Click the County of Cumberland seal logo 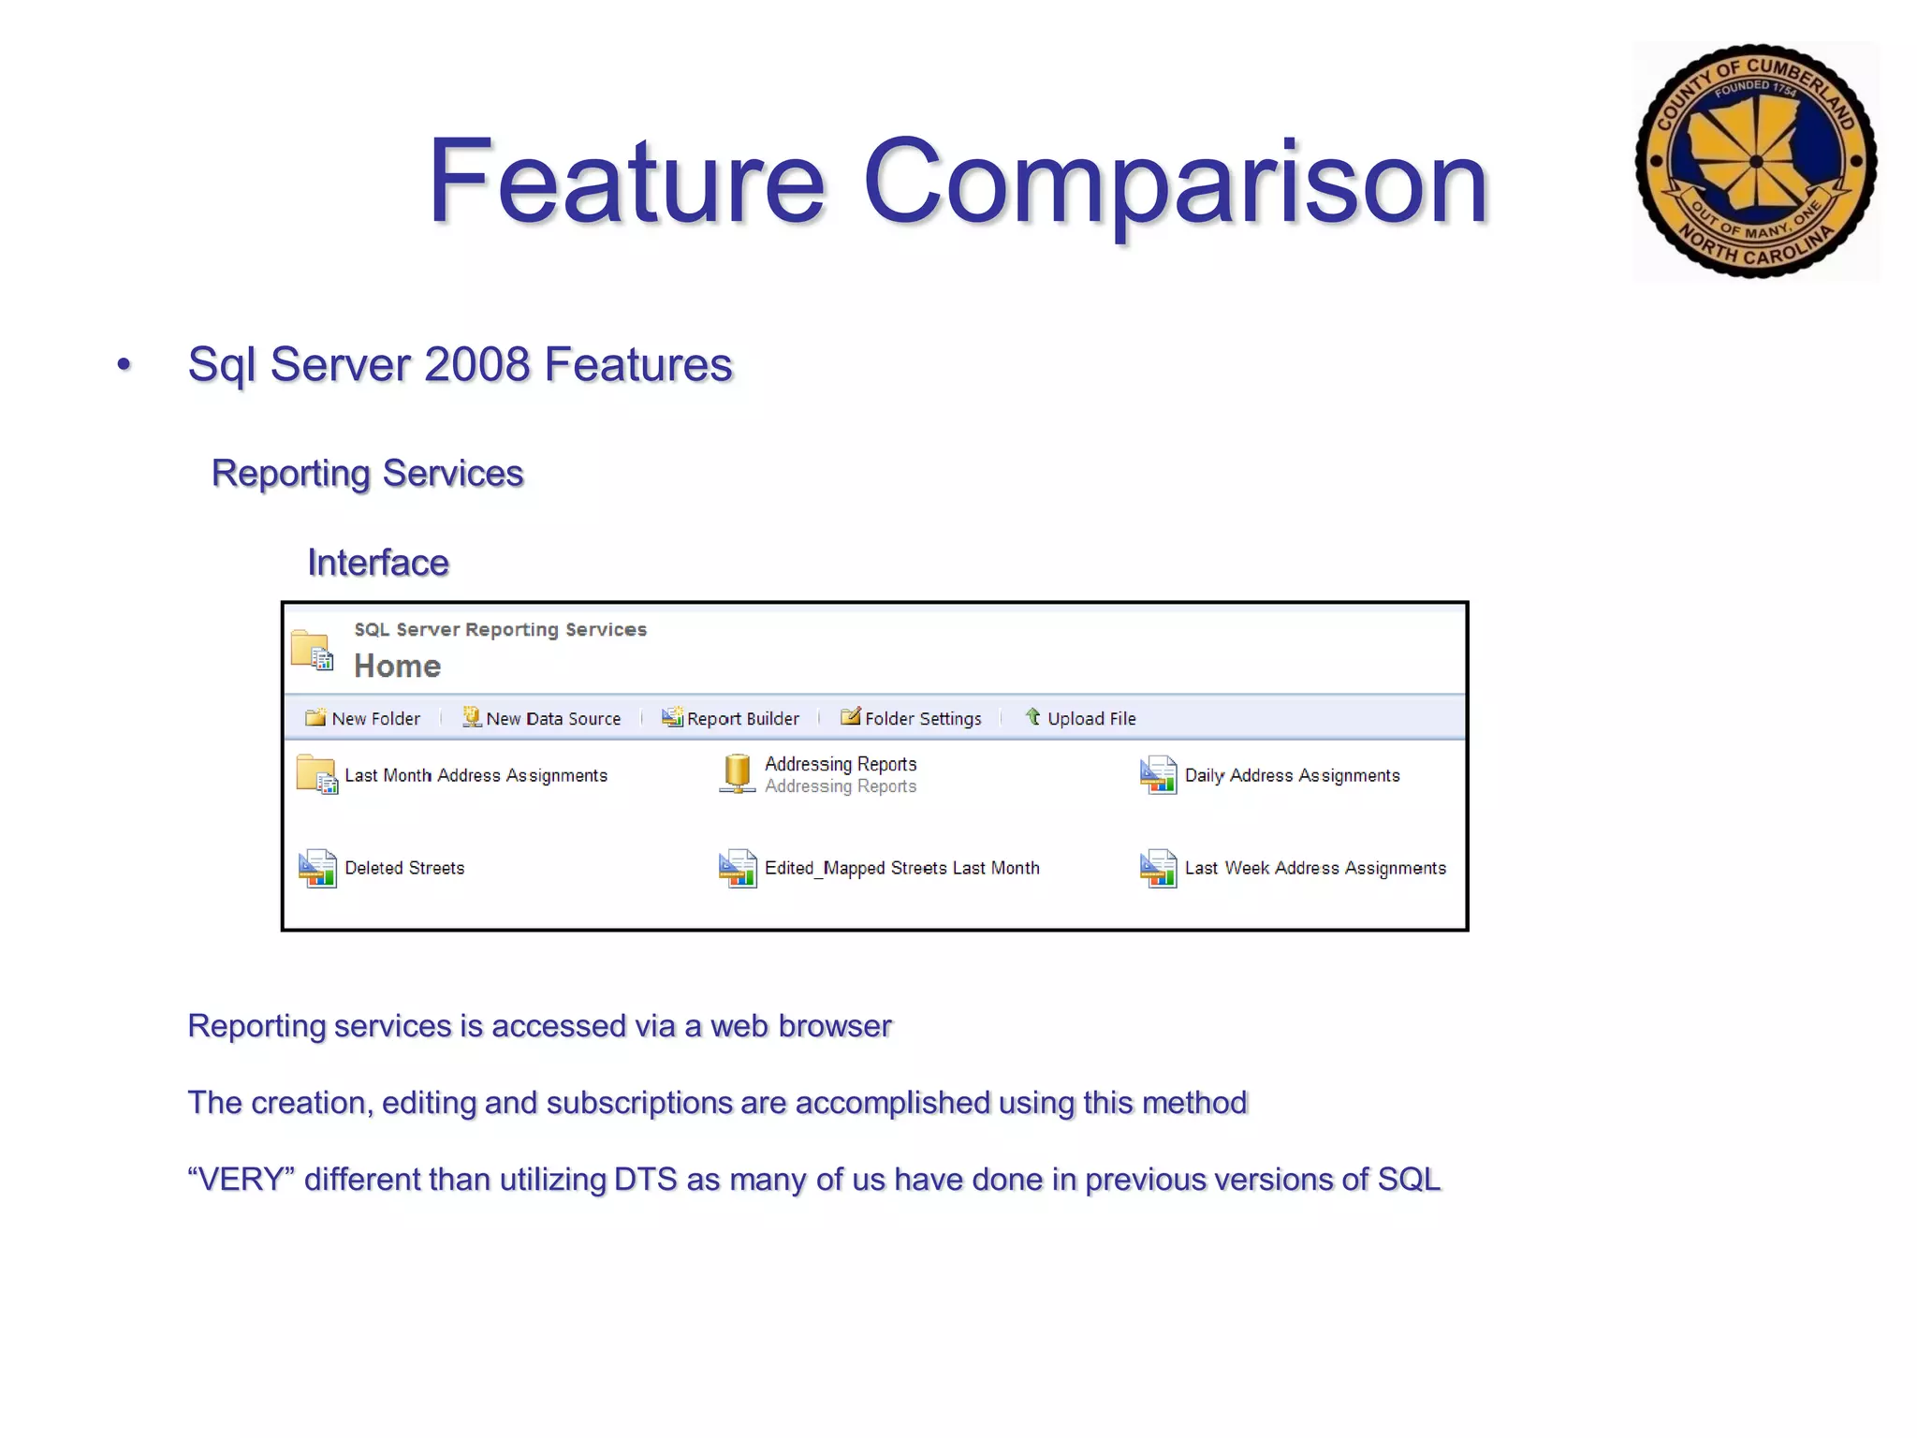(1755, 161)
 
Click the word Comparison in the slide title (1175, 182)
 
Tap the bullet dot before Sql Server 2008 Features (124, 365)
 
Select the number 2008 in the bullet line (477, 365)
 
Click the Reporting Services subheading (367, 474)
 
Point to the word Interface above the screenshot (378, 563)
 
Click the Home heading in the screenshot (397, 667)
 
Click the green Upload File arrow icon (1033, 717)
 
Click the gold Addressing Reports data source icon (738, 774)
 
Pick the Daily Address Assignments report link (1292, 775)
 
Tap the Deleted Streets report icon (317, 869)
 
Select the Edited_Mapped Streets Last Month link (901, 869)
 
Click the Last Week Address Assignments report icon (1158, 869)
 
